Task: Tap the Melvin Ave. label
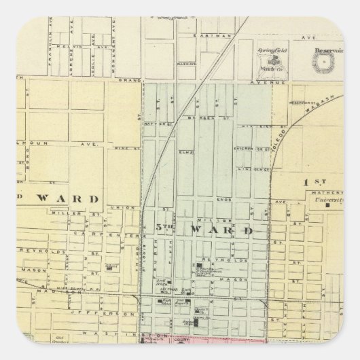pyautogui.click(x=67, y=46)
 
